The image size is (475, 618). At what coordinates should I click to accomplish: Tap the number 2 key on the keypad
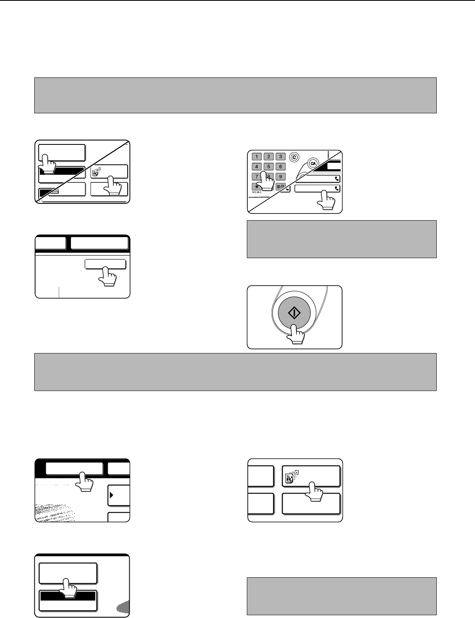pyautogui.click(x=268, y=157)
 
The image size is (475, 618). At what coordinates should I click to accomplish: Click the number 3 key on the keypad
pyautogui.click(x=280, y=157)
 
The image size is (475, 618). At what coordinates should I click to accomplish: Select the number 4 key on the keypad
pyautogui.click(x=256, y=167)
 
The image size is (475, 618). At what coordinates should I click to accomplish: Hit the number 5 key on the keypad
pyautogui.click(x=268, y=167)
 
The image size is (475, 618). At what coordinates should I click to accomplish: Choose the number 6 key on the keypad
pyautogui.click(x=280, y=167)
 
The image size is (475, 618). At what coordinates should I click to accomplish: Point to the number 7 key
pyautogui.click(x=256, y=177)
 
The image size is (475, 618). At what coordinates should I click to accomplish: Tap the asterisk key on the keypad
pyautogui.click(x=256, y=187)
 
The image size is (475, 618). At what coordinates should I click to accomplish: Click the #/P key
pyautogui.click(x=280, y=187)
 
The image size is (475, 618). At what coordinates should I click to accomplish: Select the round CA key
pyautogui.click(x=313, y=164)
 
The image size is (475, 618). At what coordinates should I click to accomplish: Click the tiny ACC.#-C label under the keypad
pyautogui.click(x=256, y=192)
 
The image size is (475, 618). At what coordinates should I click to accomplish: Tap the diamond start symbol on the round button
pyautogui.click(x=294, y=313)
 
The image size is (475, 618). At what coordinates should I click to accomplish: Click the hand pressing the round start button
pyautogui.click(x=296, y=334)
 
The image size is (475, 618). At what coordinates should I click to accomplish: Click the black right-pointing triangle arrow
pyautogui.click(x=111, y=495)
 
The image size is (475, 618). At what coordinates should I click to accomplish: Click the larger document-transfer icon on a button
pyautogui.click(x=292, y=477)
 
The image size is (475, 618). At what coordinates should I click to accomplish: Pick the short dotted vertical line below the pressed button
pyautogui.click(x=59, y=292)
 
